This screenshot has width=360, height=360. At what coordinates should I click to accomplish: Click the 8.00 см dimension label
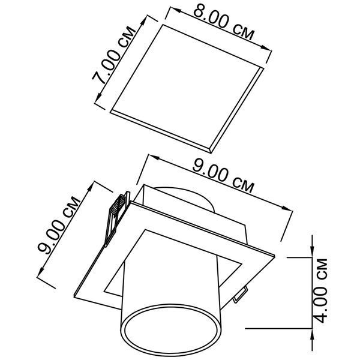click(x=224, y=22)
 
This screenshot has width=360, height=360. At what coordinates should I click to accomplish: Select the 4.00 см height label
click(x=320, y=290)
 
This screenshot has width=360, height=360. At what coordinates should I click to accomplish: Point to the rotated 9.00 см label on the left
click(x=59, y=225)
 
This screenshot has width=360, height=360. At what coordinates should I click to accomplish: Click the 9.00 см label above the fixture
click(x=223, y=175)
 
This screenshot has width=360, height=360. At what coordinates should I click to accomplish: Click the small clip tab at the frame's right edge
click(x=240, y=295)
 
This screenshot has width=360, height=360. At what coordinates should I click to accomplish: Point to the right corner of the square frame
click(x=275, y=256)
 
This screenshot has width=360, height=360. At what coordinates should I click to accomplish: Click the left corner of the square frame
click(x=74, y=296)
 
